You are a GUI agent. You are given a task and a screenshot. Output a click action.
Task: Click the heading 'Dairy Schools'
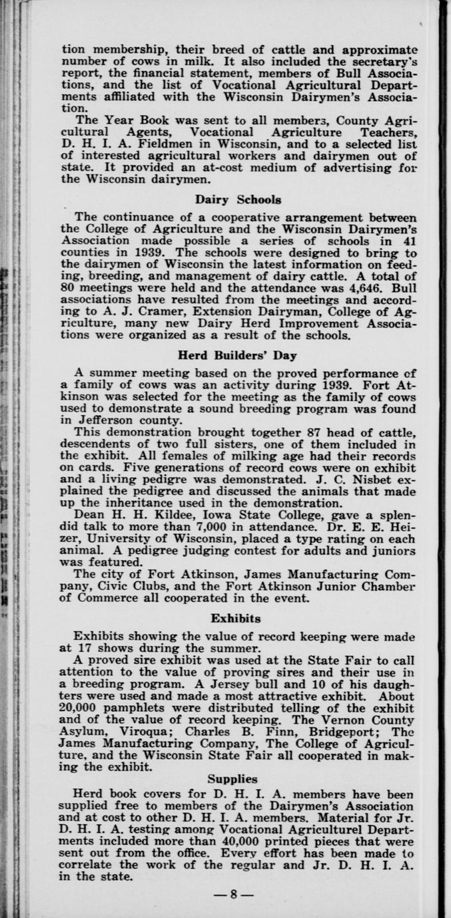[238, 199]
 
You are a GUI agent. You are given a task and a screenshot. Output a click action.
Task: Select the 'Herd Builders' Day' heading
[238, 355]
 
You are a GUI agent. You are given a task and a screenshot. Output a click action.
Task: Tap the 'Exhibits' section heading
[236, 618]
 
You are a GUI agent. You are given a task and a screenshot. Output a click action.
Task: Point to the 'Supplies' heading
[232, 778]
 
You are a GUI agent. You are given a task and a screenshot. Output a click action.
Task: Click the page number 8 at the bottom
[233, 895]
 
